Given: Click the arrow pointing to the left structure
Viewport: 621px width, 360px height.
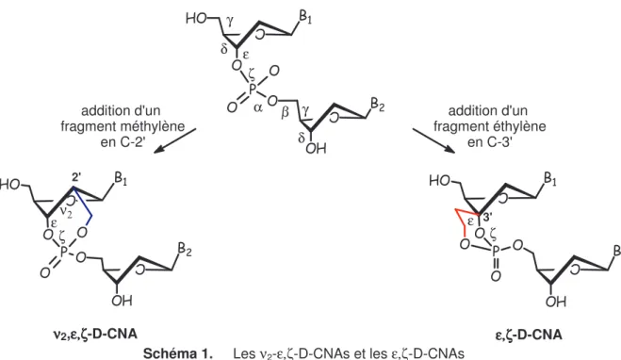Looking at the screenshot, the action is (x=174, y=140).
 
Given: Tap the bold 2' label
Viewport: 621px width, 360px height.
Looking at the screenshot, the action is (x=76, y=179).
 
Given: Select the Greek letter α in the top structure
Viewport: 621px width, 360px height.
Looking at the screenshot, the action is (x=258, y=108).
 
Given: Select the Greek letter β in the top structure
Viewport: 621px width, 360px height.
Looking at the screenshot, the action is (x=286, y=113).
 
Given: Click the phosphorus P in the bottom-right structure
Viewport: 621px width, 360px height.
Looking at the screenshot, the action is (x=497, y=251).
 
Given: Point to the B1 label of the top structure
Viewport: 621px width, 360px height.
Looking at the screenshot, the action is (x=305, y=19).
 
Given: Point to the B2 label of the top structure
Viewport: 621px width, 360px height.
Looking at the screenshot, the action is (x=378, y=106).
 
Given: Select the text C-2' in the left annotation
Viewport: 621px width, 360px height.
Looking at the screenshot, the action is (x=132, y=141).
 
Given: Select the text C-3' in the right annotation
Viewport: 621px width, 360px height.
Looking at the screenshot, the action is (x=499, y=141).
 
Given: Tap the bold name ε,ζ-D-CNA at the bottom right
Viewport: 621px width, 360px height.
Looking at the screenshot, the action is (x=529, y=335).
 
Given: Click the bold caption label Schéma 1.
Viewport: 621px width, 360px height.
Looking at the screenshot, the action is (x=177, y=353).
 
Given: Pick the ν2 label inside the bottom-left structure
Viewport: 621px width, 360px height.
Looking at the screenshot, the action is (x=66, y=212).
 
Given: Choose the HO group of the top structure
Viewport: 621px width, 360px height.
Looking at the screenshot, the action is (x=196, y=19).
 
